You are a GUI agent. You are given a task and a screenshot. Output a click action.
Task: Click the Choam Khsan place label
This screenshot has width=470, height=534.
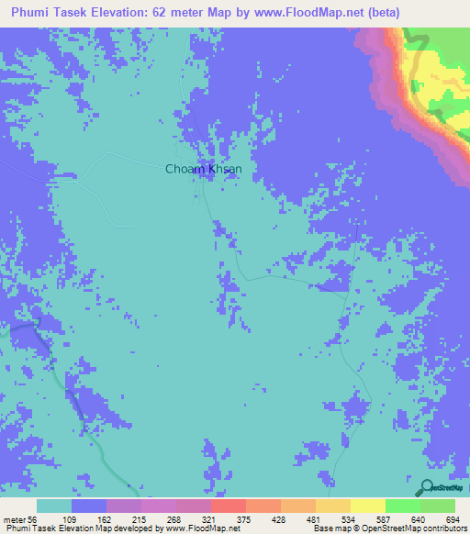[x=203, y=169]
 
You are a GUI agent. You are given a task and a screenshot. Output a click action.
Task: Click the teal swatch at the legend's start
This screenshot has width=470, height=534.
[x=54, y=506]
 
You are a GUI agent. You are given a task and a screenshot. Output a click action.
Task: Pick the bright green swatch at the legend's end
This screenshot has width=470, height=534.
[x=438, y=506]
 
